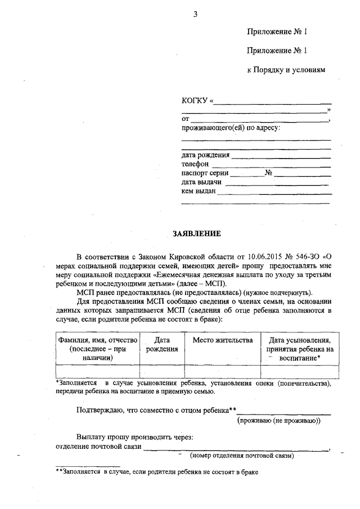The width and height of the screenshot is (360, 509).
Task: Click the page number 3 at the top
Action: [195, 14]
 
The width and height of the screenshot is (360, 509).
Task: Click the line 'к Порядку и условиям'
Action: [286, 70]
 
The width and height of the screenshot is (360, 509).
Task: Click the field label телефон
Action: [195, 164]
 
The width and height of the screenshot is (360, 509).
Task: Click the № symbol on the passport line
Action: [269, 173]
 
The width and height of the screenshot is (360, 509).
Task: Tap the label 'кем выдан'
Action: [199, 191]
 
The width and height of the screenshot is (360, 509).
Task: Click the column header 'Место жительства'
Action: [222, 340]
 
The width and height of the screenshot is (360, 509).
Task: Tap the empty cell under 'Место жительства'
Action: [222, 371]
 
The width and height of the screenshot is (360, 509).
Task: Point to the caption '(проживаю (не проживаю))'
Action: [278, 421]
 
